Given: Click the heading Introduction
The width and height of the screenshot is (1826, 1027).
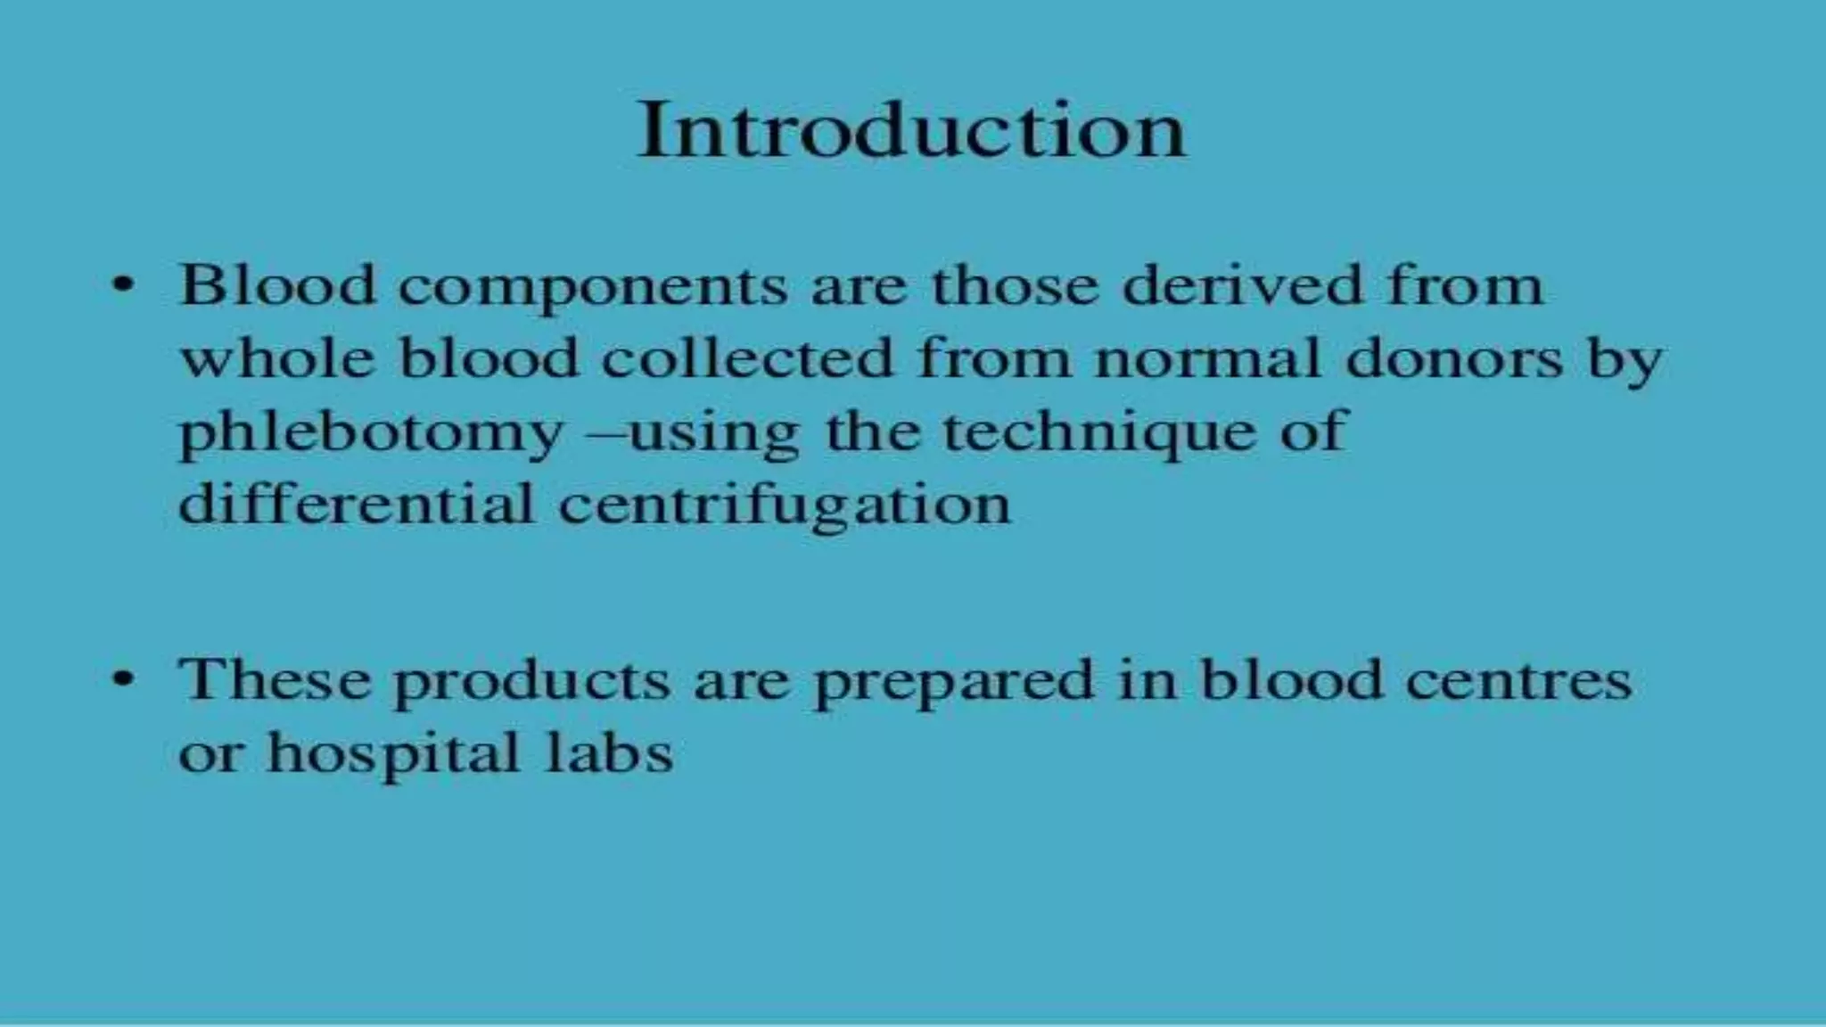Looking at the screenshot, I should [911, 131].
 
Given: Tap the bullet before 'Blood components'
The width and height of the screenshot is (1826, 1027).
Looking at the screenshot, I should [124, 287].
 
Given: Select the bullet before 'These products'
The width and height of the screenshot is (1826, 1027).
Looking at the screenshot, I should [124, 680].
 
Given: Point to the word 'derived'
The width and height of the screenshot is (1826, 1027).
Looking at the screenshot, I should [1242, 286].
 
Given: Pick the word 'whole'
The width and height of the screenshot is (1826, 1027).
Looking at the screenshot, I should [277, 358].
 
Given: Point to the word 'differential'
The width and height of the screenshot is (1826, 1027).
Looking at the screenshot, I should [356, 504].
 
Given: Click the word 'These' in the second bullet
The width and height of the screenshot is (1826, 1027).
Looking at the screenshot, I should [274, 680].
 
